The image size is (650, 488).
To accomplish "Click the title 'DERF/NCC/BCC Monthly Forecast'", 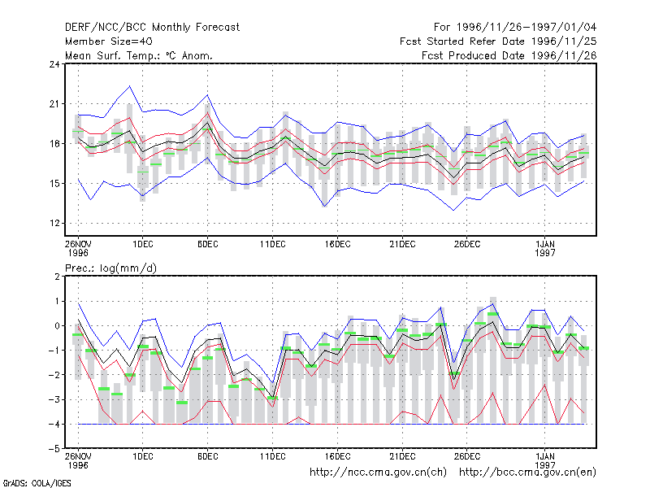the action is pyautogui.click(x=152, y=28).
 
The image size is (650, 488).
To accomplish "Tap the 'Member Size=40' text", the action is pyautogui.click(x=109, y=41).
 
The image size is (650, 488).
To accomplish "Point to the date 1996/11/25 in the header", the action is pyautogui.click(x=564, y=41).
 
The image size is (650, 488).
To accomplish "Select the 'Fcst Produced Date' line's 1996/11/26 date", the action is pyautogui.click(x=564, y=55).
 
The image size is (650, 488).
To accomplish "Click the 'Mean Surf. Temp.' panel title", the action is pyautogui.click(x=138, y=55).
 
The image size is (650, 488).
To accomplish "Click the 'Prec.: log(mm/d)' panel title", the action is pyautogui.click(x=110, y=268).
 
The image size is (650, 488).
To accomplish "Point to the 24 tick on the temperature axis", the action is pyautogui.click(x=54, y=64).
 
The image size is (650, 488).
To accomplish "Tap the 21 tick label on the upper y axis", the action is pyautogui.click(x=54, y=104).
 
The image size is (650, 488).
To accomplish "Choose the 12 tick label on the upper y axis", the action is pyautogui.click(x=54, y=223).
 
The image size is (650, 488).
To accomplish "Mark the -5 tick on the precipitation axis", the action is pyautogui.click(x=54, y=449).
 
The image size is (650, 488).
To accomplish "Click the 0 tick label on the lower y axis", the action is pyautogui.click(x=57, y=326).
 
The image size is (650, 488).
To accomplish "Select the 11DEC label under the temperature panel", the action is pyautogui.click(x=273, y=244).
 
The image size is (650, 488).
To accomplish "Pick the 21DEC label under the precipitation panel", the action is pyautogui.click(x=402, y=456).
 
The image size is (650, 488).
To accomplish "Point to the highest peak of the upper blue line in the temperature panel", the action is pyautogui.click(x=130, y=86).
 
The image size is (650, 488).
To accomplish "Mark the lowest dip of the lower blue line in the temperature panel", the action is pyautogui.click(x=454, y=210).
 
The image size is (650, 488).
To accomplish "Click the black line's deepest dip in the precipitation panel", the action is pyautogui.click(x=272, y=397).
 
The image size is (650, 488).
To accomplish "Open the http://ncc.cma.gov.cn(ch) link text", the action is pyautogui.click(x=378, y=473).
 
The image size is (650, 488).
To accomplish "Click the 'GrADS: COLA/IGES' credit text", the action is pyautogui.click(x=37, y=483).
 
